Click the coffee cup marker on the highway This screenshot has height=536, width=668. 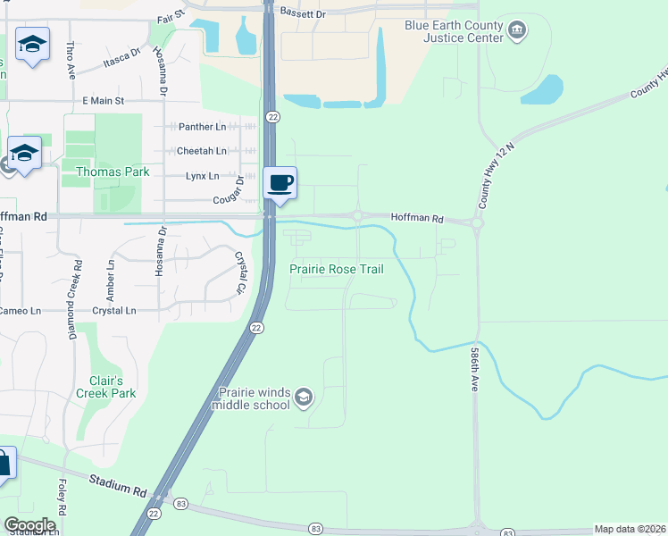point(280,183)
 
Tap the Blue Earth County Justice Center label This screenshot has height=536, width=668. point(453,33)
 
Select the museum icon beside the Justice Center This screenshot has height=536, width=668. point(517,33)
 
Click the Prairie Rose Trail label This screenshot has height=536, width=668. point(337,269)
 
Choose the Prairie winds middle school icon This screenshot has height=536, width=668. point(304,397)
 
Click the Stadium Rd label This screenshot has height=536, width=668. point(118,487)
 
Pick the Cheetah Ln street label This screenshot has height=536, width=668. point(198,152)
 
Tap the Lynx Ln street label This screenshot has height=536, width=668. point(202,176)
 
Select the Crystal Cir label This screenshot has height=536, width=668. point(239,272)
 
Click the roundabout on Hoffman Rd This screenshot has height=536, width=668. point(357,215)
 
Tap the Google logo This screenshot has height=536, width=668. point(29,525)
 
